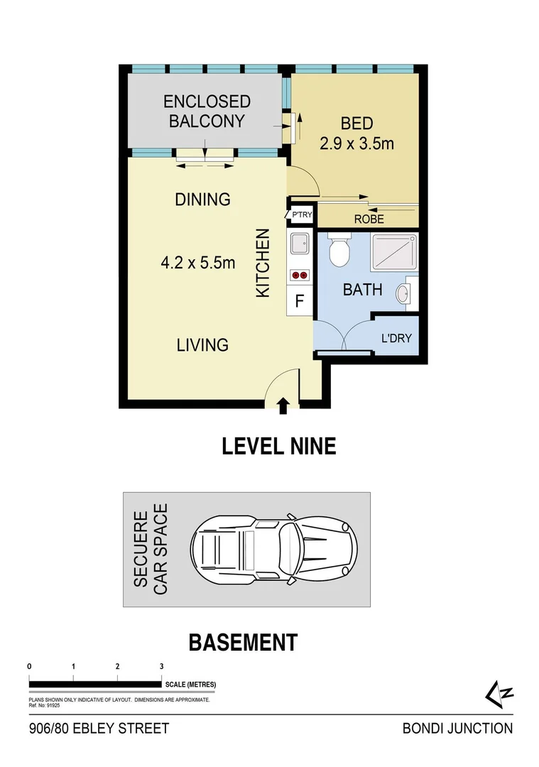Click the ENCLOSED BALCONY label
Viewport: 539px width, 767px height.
207,111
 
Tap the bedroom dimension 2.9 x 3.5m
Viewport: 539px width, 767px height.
356,134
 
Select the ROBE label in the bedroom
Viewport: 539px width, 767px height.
368,219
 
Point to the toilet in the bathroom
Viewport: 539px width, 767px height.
340,252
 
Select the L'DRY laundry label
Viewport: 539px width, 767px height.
396,338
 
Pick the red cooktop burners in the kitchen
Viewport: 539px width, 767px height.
299,275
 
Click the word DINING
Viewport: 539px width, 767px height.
202,200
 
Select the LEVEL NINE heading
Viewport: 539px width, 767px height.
278,446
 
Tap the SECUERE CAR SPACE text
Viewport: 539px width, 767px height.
151,549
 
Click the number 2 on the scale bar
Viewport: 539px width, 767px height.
117,667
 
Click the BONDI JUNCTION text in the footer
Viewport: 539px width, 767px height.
457,728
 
